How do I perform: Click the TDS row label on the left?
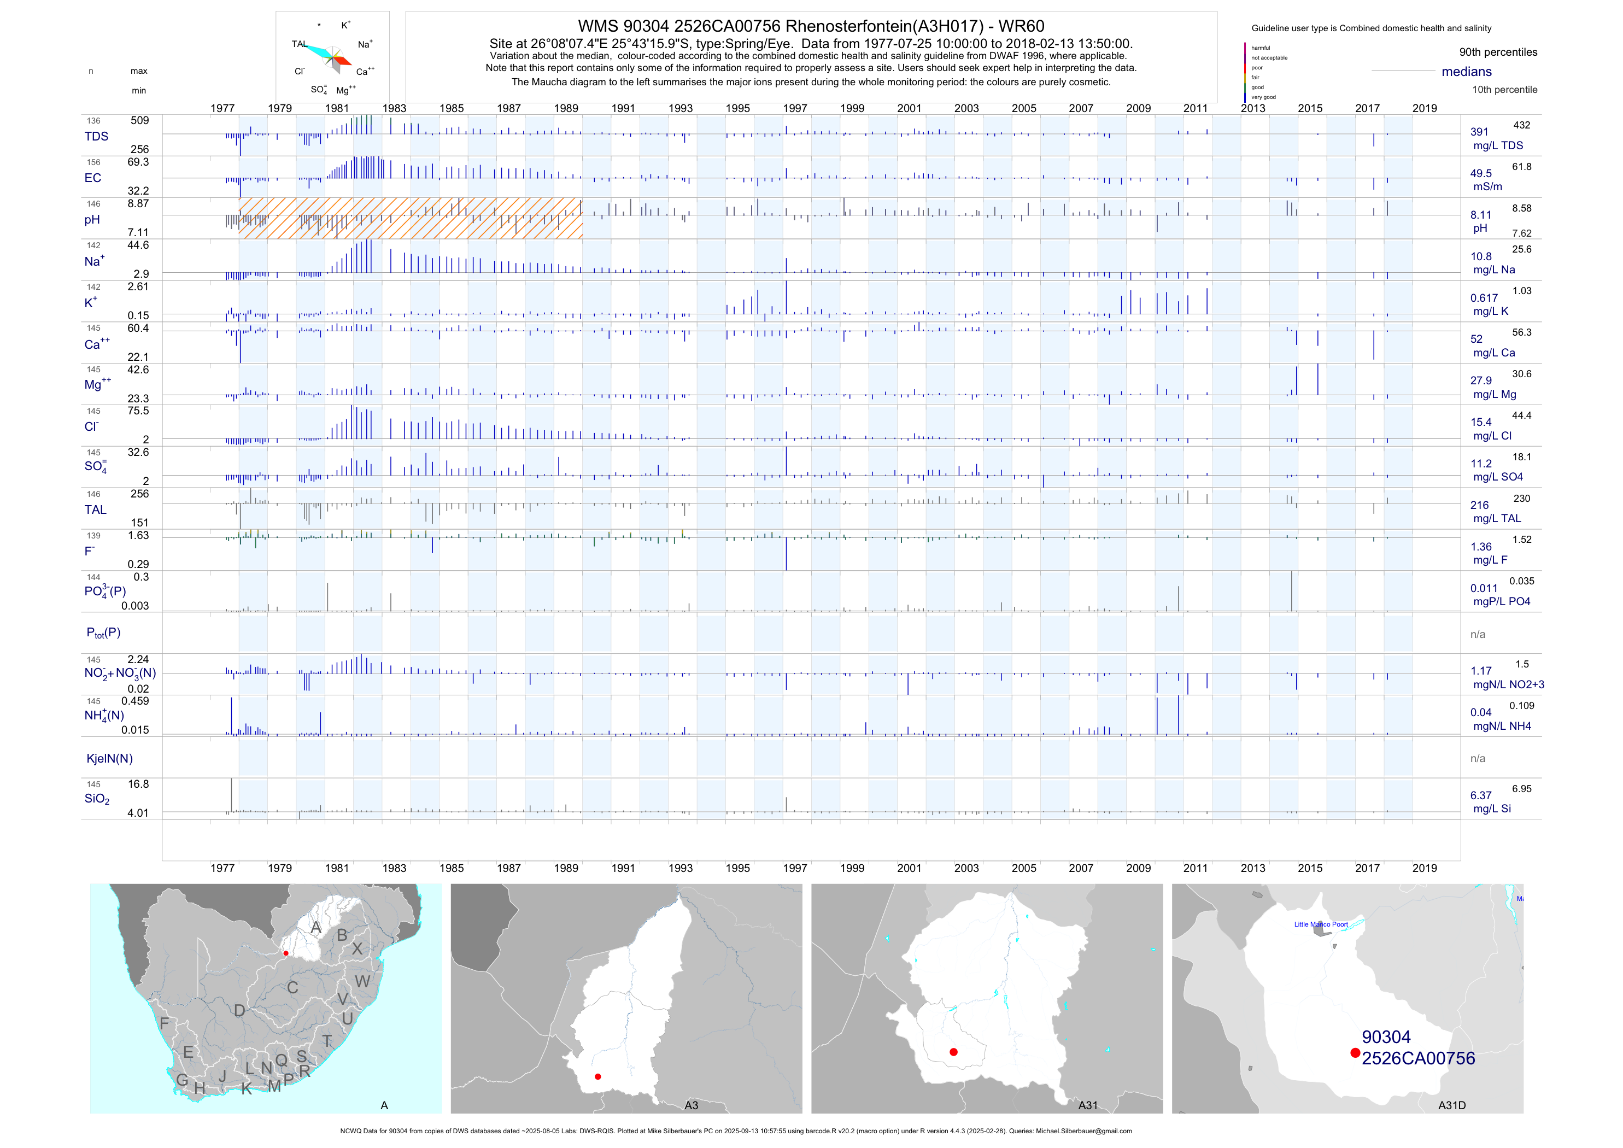point(96,137)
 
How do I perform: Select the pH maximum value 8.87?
point(138,203)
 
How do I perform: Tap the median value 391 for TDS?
point(1479,132)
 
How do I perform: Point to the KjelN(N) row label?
point(109,759)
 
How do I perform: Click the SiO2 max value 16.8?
point(138,784)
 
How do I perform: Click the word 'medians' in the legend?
point(1466,72)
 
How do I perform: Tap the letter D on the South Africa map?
point(239,1011)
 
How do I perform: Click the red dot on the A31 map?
point(953,1052)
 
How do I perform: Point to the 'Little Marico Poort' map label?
point(1321,924)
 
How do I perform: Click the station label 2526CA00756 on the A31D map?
point(1418,1058)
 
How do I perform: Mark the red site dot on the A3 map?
point(598,1076)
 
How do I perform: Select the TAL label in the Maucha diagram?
point(299,44)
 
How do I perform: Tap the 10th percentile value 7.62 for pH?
point(1521,233)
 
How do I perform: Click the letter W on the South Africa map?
point(362,981)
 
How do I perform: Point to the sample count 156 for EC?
point(93,162)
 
